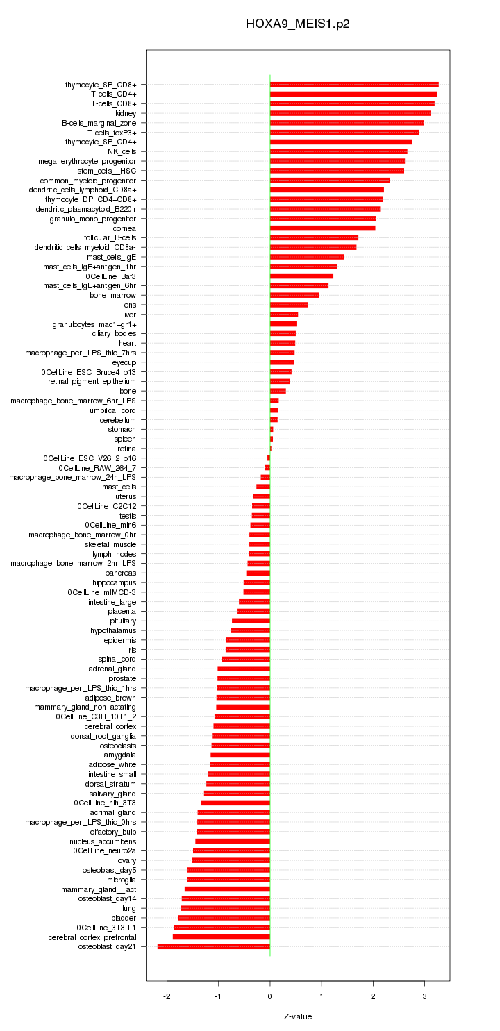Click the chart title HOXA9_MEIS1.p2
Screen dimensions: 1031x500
click(297, 24)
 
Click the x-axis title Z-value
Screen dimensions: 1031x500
click(297, 1016)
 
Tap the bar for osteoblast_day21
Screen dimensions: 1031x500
click(214, 946)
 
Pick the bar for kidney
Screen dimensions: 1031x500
click(351, 113)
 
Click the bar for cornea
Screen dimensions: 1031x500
click(322, 228)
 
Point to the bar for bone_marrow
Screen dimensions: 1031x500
click(294, 295)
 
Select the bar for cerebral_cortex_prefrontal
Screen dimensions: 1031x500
click(222, 937)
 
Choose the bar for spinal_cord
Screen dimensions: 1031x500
click(246, 659)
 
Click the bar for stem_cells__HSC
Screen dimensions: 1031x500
click(337, 171)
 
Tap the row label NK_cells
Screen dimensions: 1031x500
click(122, 151)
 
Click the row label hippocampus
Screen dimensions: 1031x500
click(115, 582)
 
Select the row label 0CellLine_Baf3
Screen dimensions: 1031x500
click(111, 276)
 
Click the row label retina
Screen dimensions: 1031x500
click(127, 449)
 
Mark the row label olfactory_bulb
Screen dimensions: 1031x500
click(113, 832)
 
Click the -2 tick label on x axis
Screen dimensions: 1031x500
click(167, 996)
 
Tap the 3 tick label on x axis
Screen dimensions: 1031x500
click(425, 996)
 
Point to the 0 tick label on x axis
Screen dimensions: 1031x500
click(270, 996)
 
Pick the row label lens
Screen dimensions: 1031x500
click(129, 305)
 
